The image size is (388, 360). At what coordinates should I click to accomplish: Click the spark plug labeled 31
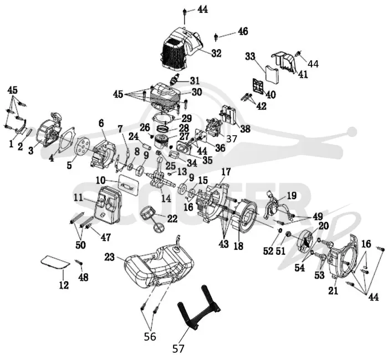click(x=176, y=79)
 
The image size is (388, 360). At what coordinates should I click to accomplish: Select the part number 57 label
click(x=178, y=348)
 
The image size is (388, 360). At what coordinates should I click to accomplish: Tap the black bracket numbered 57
click(x=198, y=307)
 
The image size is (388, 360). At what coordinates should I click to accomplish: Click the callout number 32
click(x=216, y=53)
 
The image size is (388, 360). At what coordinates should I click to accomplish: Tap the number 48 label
click(x=83, y=277)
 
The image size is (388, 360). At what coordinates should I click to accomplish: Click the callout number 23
click(x=110, y=257)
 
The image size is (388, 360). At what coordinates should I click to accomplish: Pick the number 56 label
click(x=150, y=336)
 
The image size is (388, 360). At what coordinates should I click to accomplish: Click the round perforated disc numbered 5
click(x=82, y=147)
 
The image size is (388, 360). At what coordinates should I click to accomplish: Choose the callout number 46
click(x=243, y=32)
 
